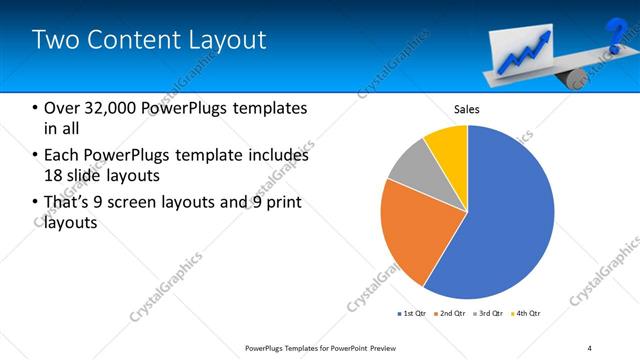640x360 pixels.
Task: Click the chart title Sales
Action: click(467, 108)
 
